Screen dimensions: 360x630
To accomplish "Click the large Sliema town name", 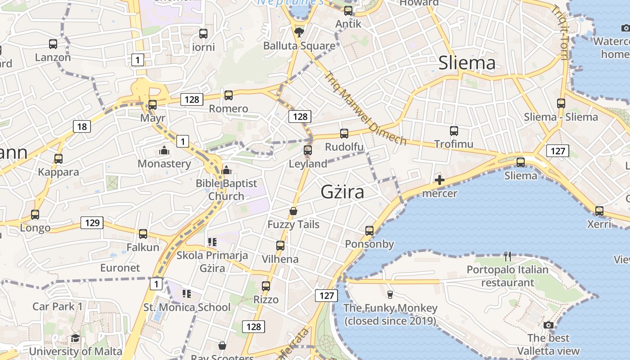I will tap(467, 63).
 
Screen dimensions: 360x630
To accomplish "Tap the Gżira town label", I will tap(342, 192).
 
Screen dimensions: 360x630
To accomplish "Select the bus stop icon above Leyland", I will tap(308, 150).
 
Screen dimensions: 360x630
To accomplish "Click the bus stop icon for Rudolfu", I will tap(344, 133).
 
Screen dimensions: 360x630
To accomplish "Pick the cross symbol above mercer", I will tap(440, 180).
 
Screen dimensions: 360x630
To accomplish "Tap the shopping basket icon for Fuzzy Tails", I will tap(293, 211).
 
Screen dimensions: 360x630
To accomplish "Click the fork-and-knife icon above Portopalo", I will tap(508, 256).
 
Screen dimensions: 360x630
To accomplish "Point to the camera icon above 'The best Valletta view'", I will tap(548, 325).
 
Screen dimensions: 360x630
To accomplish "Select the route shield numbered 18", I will tap(82, 126).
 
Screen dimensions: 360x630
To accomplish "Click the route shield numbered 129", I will tap(92, 222).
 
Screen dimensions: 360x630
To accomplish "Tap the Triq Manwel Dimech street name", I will tap(365, 108).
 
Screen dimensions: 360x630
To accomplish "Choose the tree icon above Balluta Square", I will tap(299, 32).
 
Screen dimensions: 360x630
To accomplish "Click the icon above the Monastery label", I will tap(164, 150).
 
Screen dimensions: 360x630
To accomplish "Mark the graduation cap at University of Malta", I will tap(75, 338).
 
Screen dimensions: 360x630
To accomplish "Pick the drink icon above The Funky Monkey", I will tap(390, 295).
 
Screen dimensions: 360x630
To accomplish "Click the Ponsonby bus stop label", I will tap(369, 244).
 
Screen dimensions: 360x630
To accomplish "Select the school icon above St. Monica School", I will tap(187, 294).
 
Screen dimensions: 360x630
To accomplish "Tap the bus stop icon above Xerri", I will tap(599, 211).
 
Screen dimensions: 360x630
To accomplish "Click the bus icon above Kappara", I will tap(58, 159).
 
